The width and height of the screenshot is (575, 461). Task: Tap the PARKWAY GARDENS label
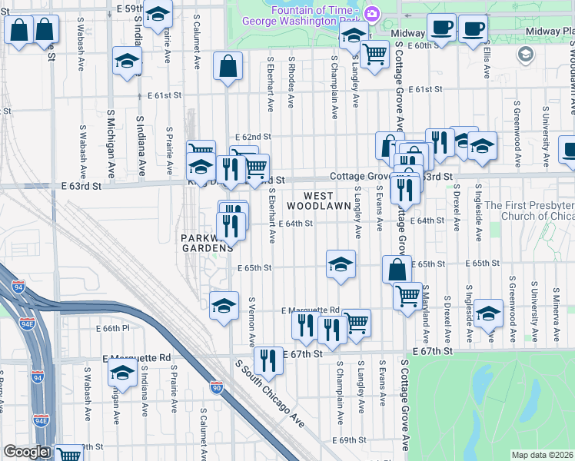pyautogui.click(x=207, y=243)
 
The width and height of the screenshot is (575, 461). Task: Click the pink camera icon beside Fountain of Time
pyautogui.click(x=373, y=13)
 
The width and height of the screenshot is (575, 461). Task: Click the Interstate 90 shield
pyautogui.click(x=217, y=389)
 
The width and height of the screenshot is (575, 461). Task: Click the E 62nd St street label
pyautogui.click(x=251, y=134)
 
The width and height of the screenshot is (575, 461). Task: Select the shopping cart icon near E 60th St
pyautogui.click(x=374, y=55)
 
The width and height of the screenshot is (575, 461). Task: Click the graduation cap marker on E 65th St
pyautogui.click(x=341, y=264)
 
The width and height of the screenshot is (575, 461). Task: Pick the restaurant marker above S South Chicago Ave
pyautogui.click(x=268, y=359)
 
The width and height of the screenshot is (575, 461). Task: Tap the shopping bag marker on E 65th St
pyautogui.click(x=397, y=269)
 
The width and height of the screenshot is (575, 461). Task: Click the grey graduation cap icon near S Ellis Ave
pyautogui.click(x=526, y=55)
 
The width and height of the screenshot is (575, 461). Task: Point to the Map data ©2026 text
pyautogui.click(x=542, y=455)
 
